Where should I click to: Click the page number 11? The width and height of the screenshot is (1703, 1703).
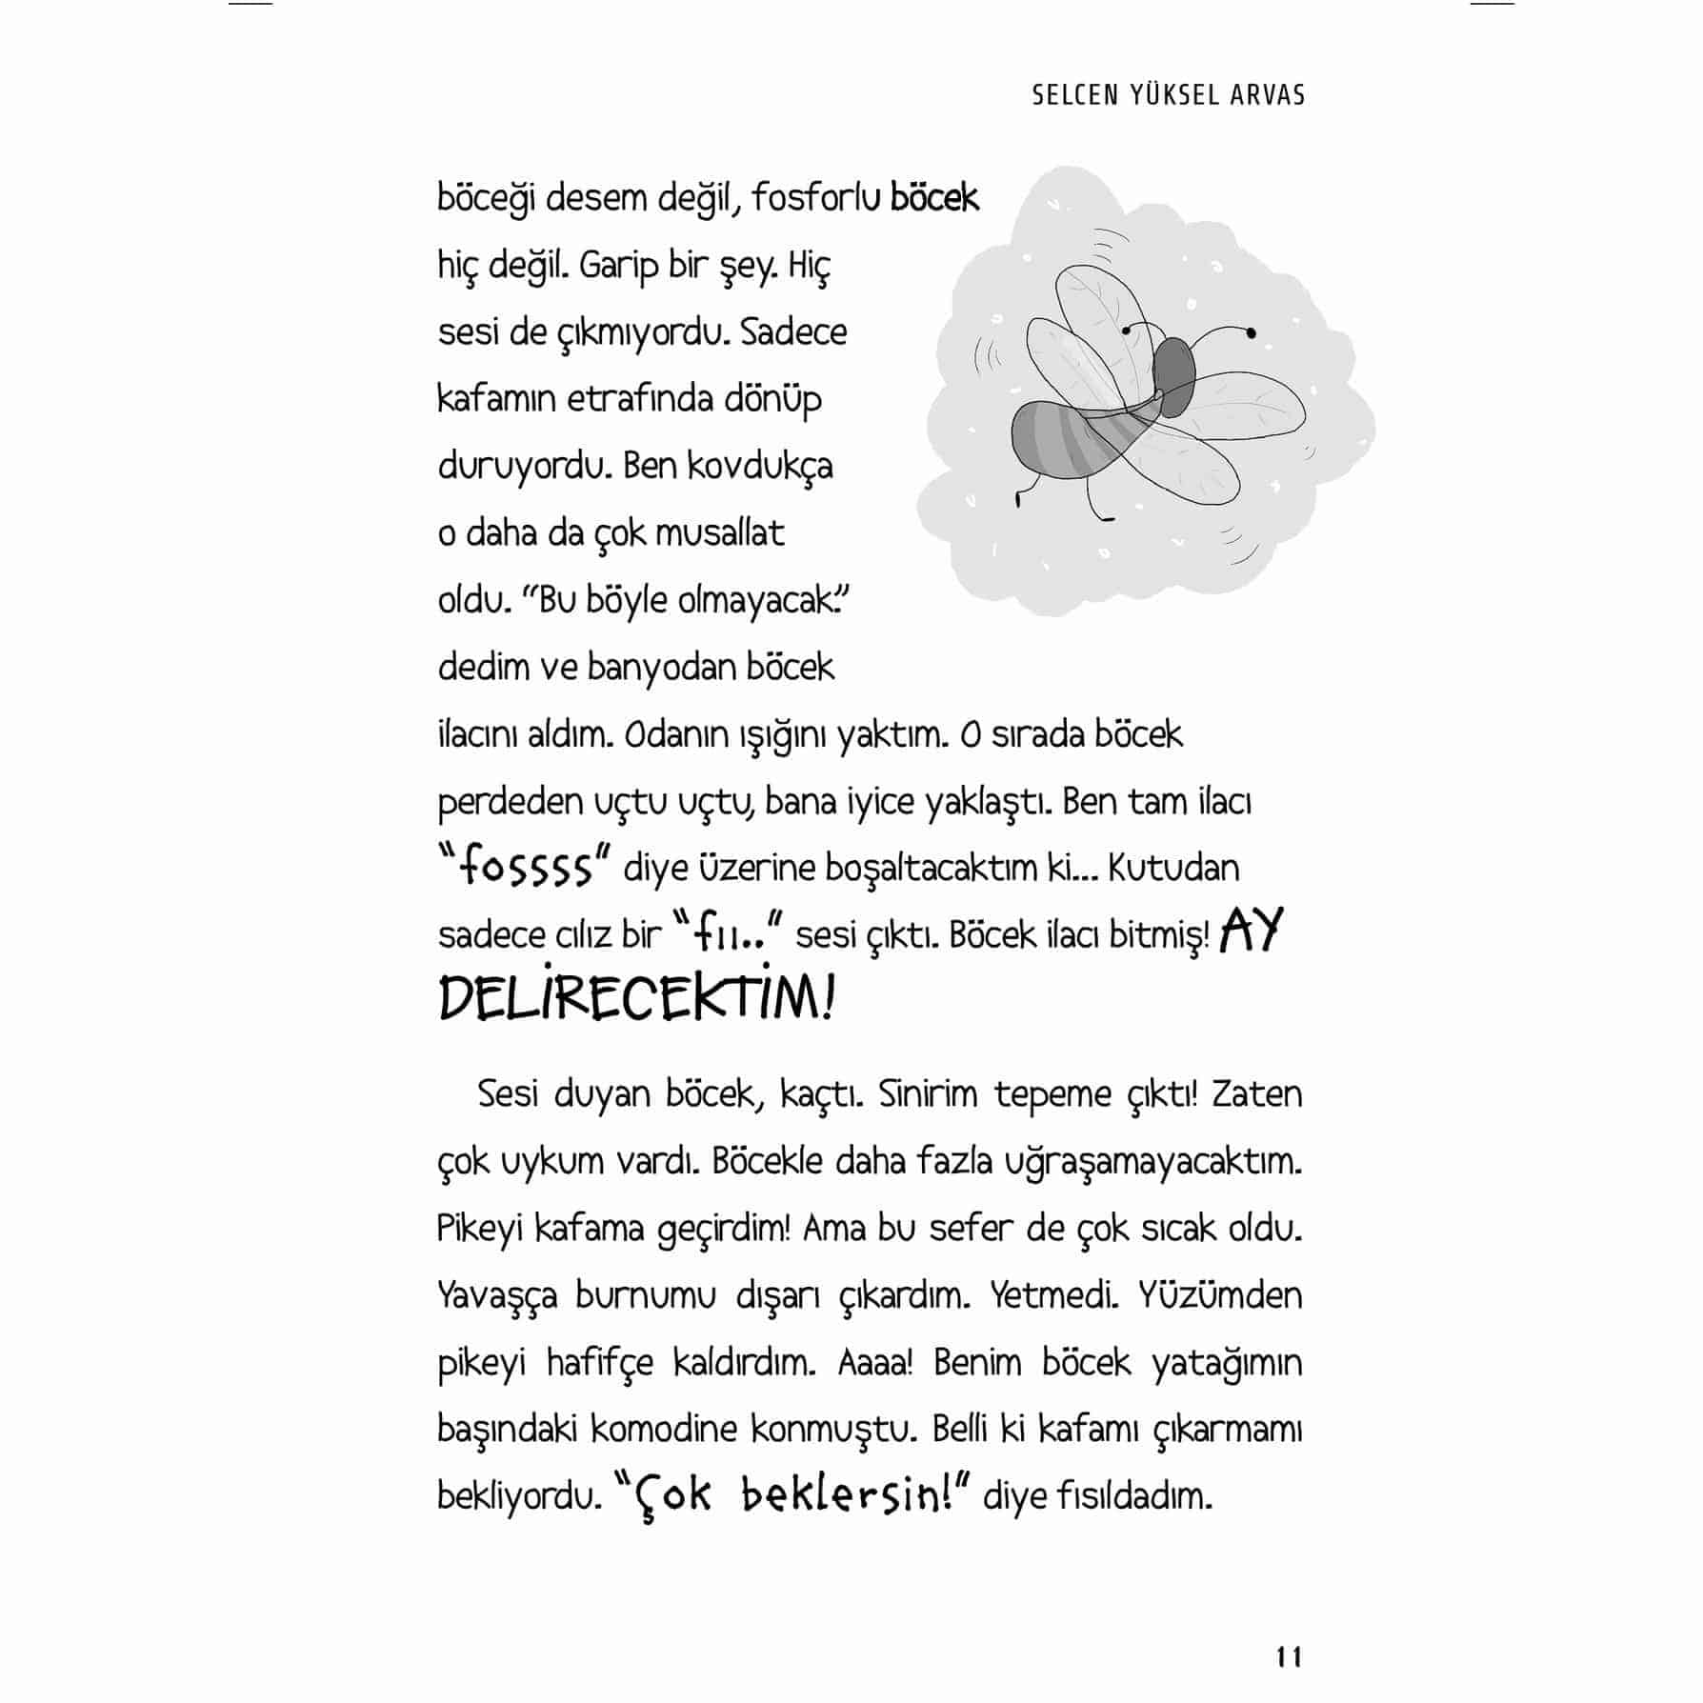1289,1657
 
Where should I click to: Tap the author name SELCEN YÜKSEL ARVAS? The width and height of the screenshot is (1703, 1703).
1168,95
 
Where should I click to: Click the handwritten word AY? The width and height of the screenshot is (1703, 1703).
1252,932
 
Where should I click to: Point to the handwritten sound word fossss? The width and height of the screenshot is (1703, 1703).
525,868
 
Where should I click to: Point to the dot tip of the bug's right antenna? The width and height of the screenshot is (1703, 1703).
1251,332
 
